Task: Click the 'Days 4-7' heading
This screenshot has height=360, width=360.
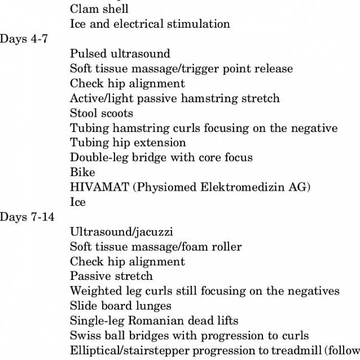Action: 24,39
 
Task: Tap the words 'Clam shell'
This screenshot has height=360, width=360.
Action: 99,9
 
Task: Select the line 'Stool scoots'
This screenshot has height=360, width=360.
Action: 101,113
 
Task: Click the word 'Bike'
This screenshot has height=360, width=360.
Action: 82,173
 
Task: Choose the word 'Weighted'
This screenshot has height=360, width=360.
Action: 93,291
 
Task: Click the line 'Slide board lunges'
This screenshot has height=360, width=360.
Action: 121,306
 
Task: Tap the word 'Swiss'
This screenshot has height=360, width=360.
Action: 84,336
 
